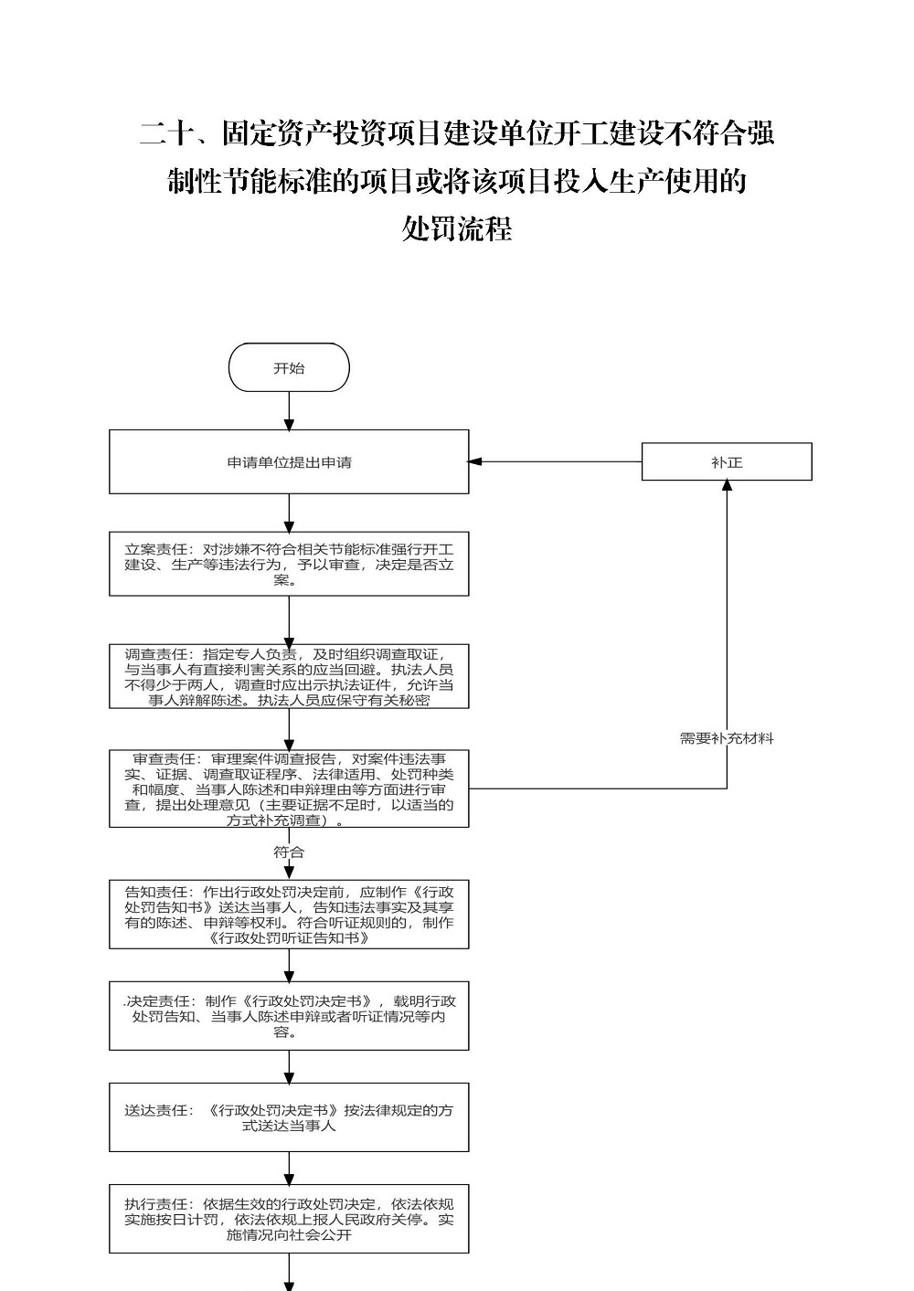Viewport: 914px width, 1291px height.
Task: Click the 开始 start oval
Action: coord(289,367)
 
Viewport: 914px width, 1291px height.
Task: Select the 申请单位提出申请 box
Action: coord(289,461)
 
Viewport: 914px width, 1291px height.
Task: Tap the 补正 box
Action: coord(727,461)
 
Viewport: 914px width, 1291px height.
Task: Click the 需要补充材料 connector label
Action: coord(727,738)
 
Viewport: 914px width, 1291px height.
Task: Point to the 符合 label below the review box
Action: coord(289,852)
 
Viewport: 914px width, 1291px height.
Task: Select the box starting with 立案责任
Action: coord(289,564)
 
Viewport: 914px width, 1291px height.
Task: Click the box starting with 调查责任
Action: coord(289,676)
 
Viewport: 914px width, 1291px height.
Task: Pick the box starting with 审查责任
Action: coord(289,788)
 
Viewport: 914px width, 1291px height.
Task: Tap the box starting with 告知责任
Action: coord(289,914)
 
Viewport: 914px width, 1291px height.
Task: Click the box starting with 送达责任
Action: coord(289,1116)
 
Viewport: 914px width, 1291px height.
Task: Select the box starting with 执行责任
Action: coord(289,1219)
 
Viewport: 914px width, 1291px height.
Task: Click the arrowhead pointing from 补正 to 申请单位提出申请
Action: coord(474,461)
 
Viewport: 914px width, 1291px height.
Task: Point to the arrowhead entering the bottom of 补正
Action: coord(728,485)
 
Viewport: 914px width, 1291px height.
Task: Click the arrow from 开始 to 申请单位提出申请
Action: coord(289,411)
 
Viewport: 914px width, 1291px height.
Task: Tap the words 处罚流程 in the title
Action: coord(457,228)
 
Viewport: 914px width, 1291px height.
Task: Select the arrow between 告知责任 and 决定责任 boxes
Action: coord(289,966)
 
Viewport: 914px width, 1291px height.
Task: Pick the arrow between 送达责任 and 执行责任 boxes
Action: coord(289,1169)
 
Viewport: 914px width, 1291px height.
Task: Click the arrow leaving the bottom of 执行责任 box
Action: coord(289,1272)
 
